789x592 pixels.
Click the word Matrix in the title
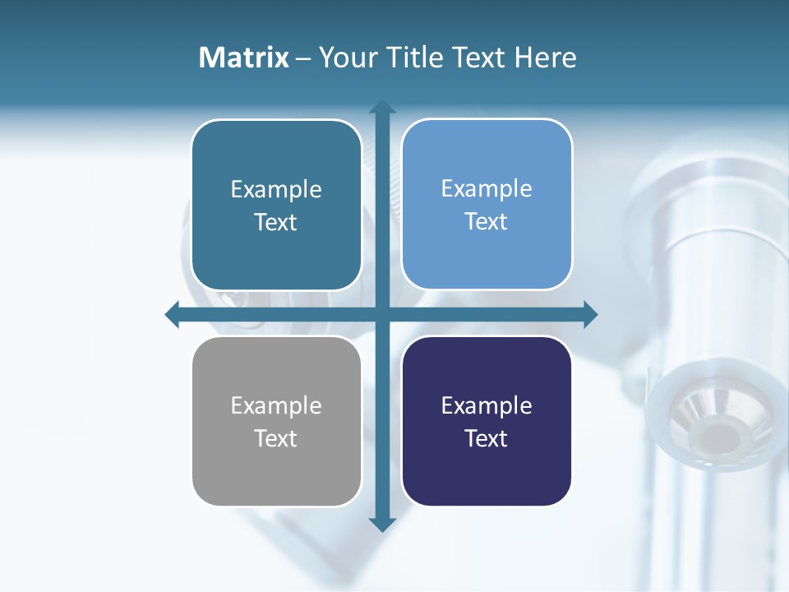point(243,58)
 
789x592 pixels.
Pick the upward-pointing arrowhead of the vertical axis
point(382,108)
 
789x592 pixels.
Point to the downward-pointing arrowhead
point(382,524)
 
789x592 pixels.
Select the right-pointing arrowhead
point(590,314)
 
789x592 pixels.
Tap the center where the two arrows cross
point(382,314)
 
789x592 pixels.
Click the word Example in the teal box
point(276,189)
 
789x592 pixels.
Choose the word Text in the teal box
point(276,222)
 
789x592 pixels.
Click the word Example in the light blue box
point(487,188)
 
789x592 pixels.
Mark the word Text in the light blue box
point(487,221)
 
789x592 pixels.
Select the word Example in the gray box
point(276,405)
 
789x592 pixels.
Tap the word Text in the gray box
point(276,438)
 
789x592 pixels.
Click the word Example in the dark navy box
point(487,405)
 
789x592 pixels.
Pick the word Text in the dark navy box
point(487,438)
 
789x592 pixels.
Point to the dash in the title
point(303,58)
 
